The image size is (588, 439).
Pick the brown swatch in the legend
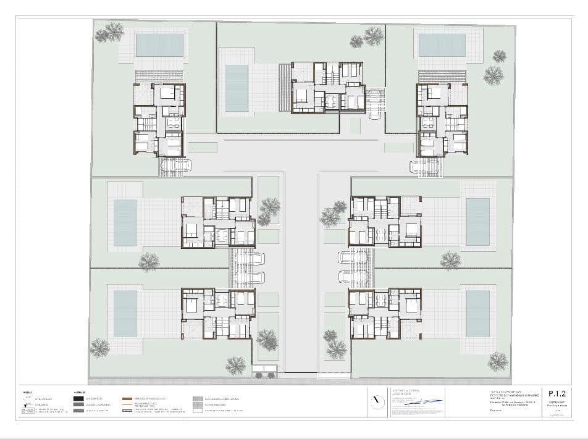128,399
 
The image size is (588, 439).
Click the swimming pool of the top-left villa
159,45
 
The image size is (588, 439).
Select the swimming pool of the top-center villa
237,88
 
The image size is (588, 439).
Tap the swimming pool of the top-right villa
442,44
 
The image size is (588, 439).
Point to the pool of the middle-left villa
125,222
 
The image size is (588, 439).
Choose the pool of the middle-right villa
477,222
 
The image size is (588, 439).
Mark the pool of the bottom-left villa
125,314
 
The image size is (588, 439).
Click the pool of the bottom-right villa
477,314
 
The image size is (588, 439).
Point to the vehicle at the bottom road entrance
264,371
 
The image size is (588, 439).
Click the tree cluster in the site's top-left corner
110,31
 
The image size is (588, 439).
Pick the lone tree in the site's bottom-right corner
497,361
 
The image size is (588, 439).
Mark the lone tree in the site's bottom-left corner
99,349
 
